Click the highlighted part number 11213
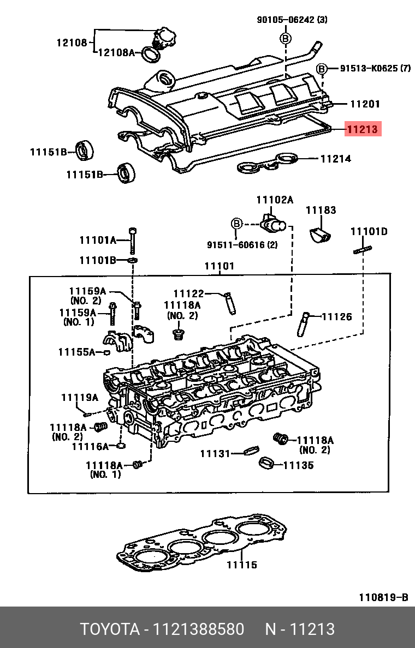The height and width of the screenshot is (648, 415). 363,129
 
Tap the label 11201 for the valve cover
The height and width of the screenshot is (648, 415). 365,104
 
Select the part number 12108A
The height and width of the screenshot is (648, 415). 117,52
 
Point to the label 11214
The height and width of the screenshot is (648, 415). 336,159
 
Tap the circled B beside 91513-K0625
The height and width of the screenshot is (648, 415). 322,68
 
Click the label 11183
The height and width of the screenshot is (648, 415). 321,211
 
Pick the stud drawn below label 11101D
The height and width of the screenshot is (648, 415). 363,250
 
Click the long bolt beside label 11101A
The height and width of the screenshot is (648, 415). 132,241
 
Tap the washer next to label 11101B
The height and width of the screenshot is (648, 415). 132,260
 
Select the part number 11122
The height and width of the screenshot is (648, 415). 189,294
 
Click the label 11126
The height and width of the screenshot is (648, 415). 337,317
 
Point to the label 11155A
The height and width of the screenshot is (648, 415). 76,352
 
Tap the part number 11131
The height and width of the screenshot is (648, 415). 215,454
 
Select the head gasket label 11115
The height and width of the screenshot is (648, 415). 242,565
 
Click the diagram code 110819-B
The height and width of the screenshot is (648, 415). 383,597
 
